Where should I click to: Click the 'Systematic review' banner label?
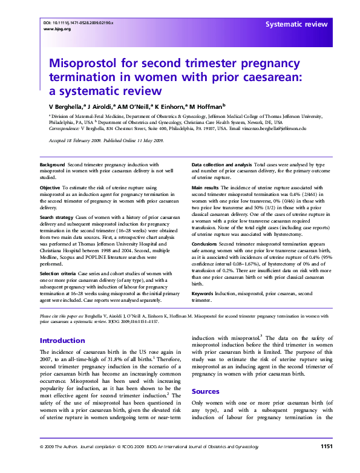[x=296, y=24]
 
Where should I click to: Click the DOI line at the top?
[x=79, y=22]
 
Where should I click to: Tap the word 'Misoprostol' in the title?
[x=83, y=64]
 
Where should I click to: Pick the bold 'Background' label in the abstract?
[x=53, y=165]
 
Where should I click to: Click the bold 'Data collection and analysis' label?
[x=221, y=165]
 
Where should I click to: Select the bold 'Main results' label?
[x=206, y=188]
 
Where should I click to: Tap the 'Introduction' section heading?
[x=62, y=341]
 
